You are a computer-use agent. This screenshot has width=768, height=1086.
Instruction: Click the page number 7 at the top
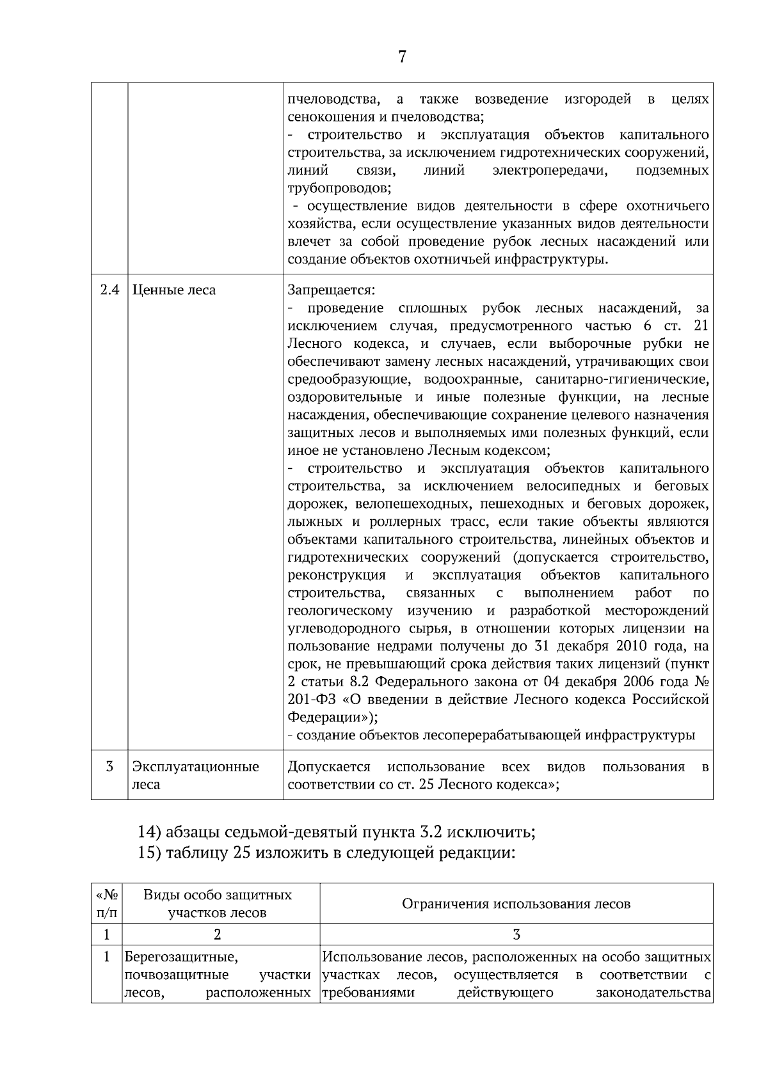(x=402, y=57)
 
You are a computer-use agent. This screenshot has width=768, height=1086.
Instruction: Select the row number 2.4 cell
(x=110, y=290)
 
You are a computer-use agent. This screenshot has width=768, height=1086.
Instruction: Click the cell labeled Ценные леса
(x=174, y=290)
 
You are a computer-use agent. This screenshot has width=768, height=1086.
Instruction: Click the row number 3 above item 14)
(x=109, y=766)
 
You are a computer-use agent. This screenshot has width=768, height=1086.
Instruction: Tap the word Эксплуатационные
(x=195, y=766)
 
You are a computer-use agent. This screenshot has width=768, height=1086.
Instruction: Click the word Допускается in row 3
(x=329, y=766)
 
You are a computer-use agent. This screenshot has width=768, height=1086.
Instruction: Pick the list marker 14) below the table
(x=150, y=833)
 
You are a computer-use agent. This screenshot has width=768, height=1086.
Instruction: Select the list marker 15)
(x=150, y=853)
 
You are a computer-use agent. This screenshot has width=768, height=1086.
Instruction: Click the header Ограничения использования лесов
(x=516, y=904)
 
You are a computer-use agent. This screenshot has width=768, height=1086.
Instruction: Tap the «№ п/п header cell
(x=106, y=904)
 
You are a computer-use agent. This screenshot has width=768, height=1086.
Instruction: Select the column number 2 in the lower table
(x=218, y=934)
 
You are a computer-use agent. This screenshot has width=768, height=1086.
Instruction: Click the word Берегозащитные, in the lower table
(x=181, y=957)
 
